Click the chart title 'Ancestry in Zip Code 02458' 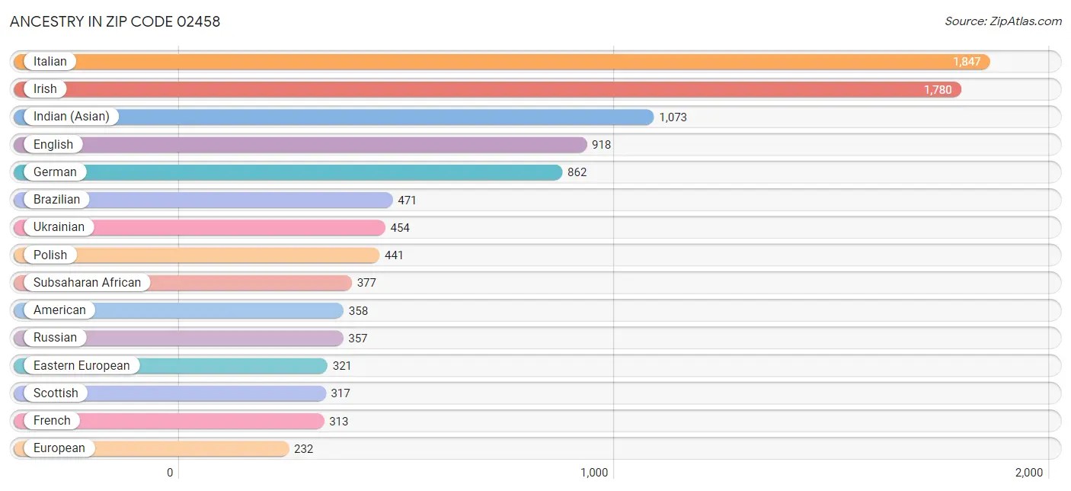tap(115, 21)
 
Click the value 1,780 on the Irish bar tap(938, 90)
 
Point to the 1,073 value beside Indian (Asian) tap(673, 117)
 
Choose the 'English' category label tap(53, 145)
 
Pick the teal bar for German tap(320, 172)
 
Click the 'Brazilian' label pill tap(56, 200)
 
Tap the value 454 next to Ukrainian tap(400, 228)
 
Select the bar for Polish tap(229, 255)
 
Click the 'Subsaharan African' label tap(87, 283)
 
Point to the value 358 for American tap(358, 311)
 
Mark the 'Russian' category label tap(55, 338)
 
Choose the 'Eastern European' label tap(82, 366)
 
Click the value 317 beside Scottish tap(340, 393)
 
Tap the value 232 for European tap(303, 449)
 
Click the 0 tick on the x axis tap(171, 473)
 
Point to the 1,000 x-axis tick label tap(594, 473)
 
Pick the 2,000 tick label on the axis tap(1028, 473)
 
